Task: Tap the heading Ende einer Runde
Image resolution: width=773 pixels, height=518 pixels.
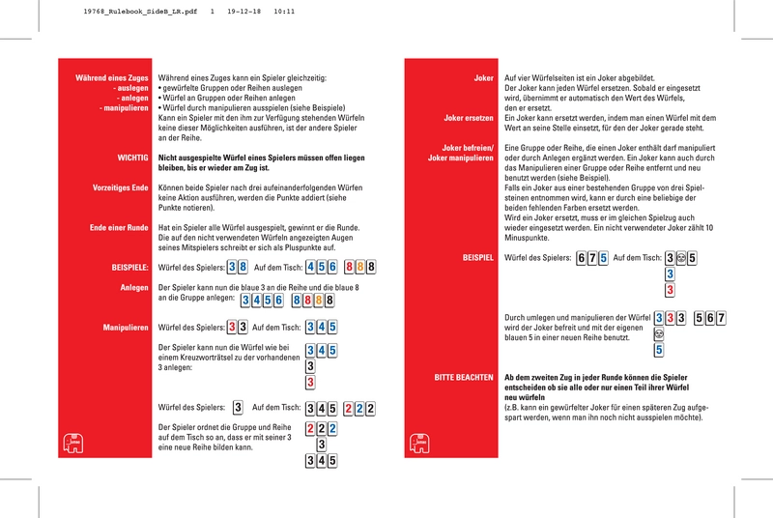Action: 116,227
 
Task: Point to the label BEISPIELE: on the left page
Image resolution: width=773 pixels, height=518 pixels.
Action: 124,266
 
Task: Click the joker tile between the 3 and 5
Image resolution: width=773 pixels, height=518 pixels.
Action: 680,259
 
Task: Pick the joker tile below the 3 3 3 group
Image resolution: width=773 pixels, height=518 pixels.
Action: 659,333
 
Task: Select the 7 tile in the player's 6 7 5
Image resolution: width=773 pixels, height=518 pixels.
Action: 591,259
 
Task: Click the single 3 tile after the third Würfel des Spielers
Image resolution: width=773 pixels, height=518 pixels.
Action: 238,408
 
